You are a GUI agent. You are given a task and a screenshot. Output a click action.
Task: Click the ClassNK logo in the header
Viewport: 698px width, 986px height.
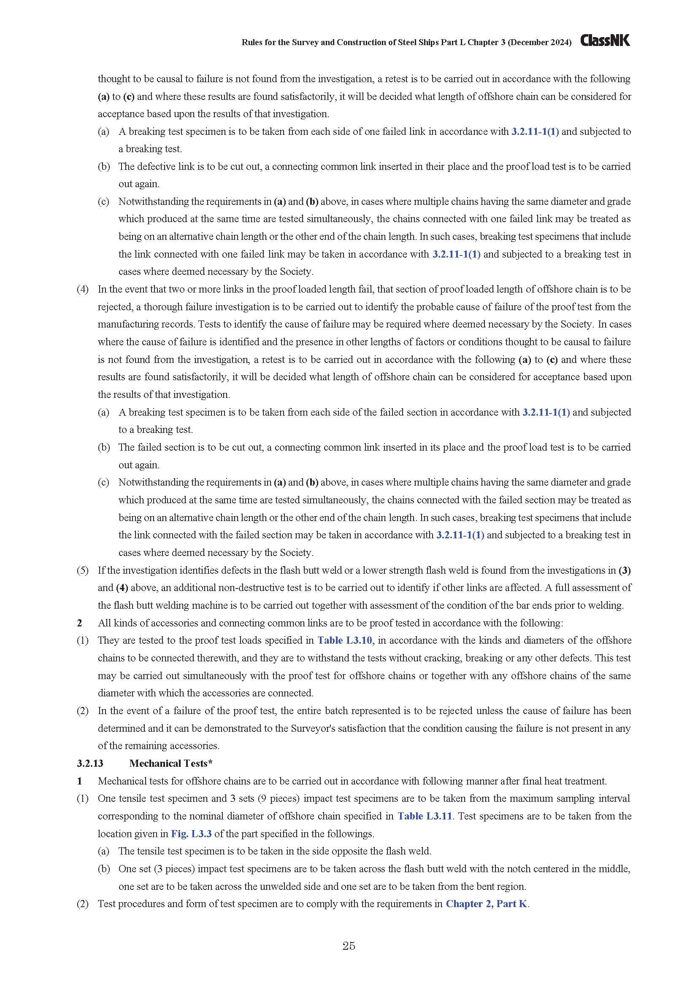(605, 40)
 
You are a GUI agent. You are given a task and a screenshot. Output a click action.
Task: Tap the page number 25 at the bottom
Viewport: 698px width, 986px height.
(349, 946)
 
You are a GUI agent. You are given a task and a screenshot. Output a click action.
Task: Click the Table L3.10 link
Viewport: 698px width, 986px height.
(345, 640)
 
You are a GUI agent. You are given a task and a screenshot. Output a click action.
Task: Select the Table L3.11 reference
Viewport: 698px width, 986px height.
(425, 816)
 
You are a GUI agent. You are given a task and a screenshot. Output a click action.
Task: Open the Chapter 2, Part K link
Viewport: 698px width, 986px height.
(486, 903)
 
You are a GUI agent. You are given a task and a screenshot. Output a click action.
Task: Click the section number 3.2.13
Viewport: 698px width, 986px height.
(90, 763)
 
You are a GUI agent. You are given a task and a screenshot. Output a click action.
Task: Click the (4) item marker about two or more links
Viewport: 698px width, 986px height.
(83, 289)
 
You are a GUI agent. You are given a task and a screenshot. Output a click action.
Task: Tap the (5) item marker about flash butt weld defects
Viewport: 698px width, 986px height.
(83, 570)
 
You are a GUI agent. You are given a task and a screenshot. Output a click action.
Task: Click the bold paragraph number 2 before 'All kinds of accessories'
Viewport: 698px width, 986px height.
(79, 623)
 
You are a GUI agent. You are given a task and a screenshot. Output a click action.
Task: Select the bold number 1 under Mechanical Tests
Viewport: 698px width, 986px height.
(79, 781)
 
